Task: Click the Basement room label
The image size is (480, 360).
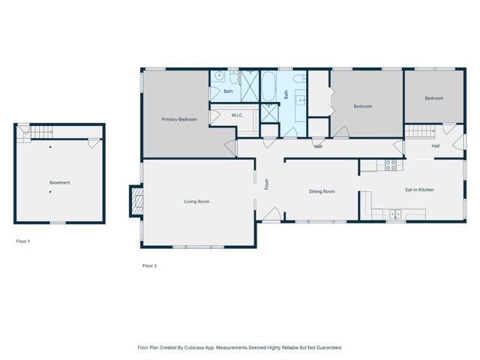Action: click(x=60, y=182)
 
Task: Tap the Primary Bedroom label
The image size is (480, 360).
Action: click(x=179, y=119)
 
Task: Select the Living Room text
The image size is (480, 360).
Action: click(x=196, y=201)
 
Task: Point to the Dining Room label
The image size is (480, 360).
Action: click(x=322, y=191)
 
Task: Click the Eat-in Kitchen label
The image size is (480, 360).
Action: click(x=419, y=190)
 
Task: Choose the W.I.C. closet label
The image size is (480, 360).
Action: click(x=237, y=115)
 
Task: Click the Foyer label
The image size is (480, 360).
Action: click(x=265, y=183)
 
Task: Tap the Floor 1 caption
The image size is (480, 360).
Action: click(x=23, y=241)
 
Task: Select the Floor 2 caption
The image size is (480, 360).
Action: click(x=149, y=265)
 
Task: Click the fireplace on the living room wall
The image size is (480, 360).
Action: click(x=136, y=199)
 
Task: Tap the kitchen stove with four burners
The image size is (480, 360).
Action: click(x=390, y=164)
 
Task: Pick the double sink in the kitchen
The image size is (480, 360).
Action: click(x=394, y=214)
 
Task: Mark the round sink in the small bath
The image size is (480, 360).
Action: click(x=220, y=76)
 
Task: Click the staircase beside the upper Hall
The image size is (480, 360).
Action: click(x=420, y=132)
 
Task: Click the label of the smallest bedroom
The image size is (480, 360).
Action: click(x=433, y=98)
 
